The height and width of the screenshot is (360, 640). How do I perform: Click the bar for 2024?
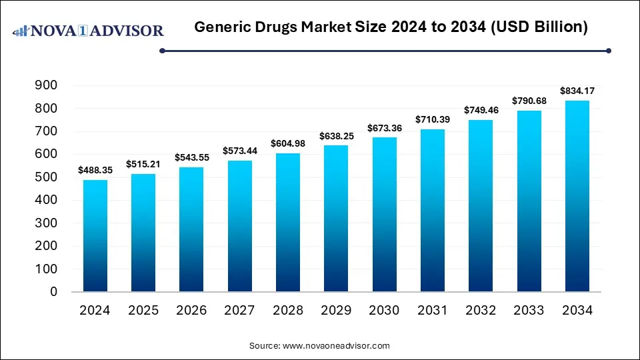pos(95,236)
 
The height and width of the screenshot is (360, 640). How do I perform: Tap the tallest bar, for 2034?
pos(577,196)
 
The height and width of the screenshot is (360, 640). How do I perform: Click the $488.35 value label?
pos(95,171)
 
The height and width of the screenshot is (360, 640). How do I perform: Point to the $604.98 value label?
pos(288,144)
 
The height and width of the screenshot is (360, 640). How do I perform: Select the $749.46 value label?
pos(481,111)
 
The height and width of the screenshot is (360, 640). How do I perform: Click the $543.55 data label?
pos(191,158)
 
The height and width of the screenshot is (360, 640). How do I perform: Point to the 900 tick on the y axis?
pos(46,85)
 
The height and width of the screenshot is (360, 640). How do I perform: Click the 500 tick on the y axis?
pos(46,177)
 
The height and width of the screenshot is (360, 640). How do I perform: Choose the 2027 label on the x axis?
pos(239,310)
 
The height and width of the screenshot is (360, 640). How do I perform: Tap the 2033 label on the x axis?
pos(529,310)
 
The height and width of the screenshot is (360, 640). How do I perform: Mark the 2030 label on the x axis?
pos(384,310)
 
